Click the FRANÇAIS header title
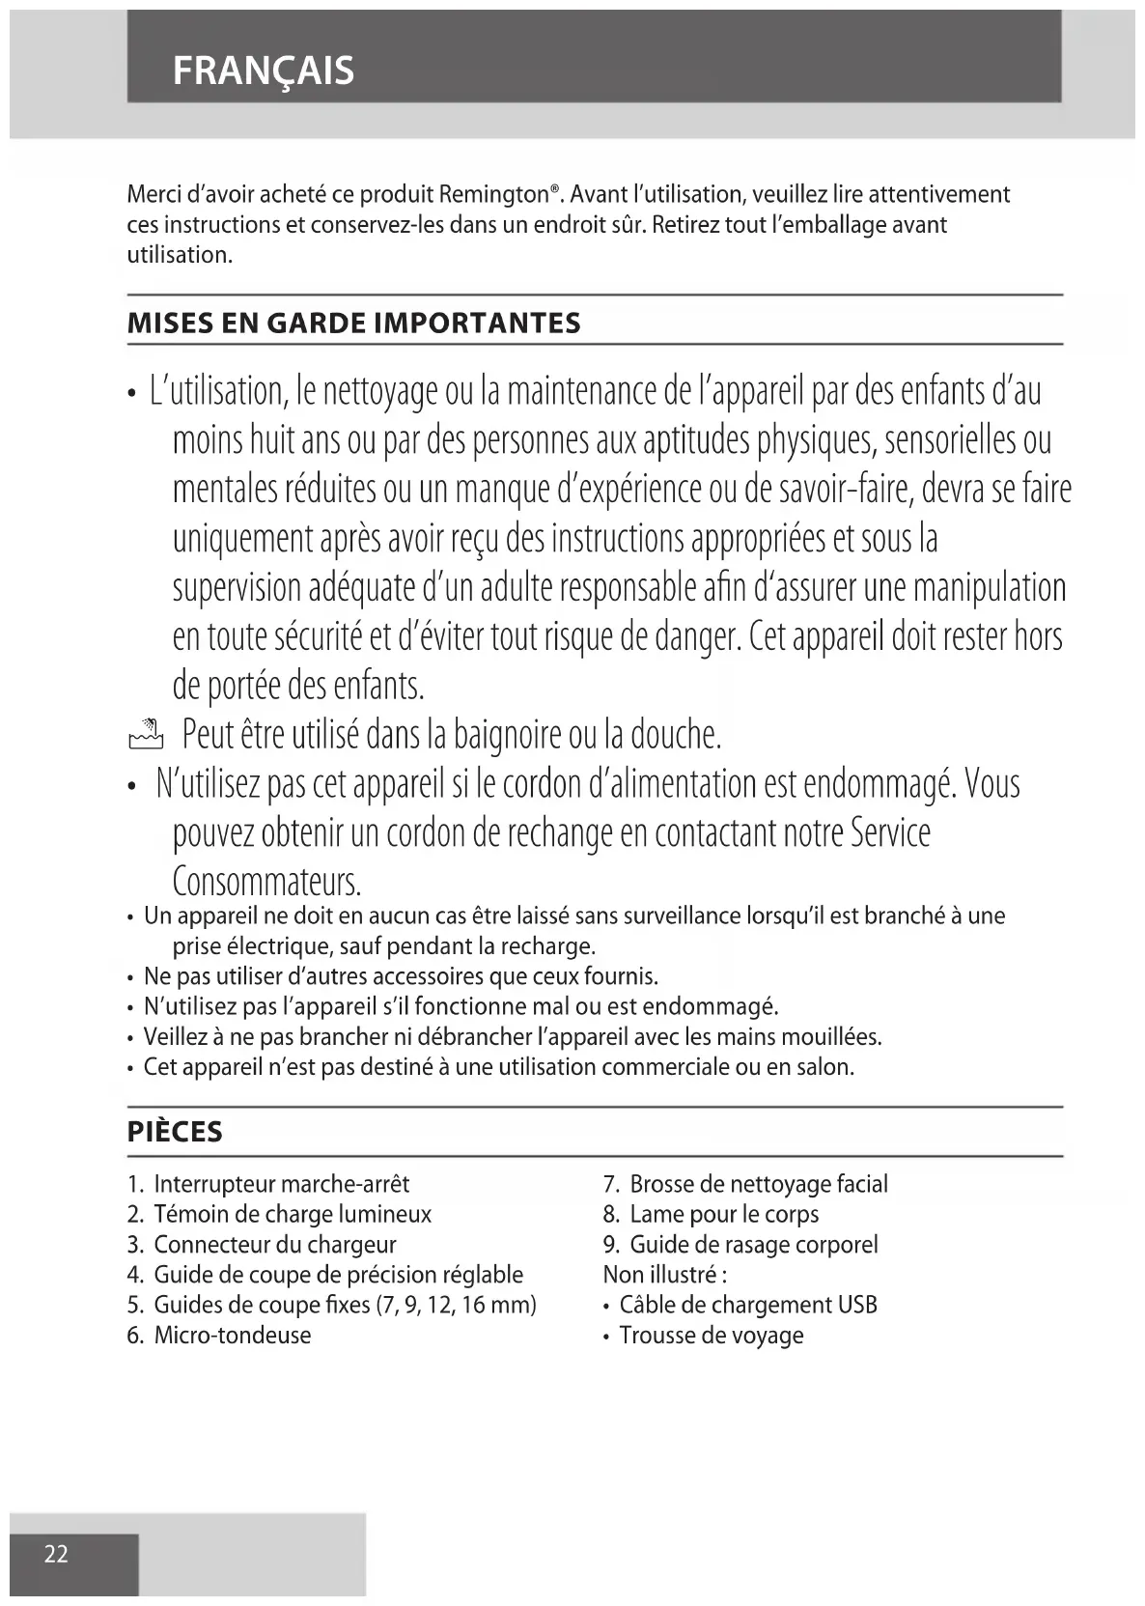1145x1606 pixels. pyautogui.click(x=263, y=70)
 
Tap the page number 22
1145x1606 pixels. pyautogui.click(x=56, y=1554)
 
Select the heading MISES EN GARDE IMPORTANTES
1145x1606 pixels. pyautogui.click(x=353, y=323)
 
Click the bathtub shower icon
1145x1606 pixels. pyautogui.click(x=145, y=736)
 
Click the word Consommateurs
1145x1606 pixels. pyautogui.click(x=266, y=881)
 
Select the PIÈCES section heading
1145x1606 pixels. pyautogui.click(x=175, y=1132)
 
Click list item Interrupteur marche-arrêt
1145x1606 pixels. pyautogui.click(x=281, y=1184)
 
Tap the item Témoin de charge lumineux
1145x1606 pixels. pyautogui.click(x=292, y=1214)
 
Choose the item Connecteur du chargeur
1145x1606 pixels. pyautogui.click(x=274, y=1245)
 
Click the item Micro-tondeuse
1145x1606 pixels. pyautogui.click(x=232, y=1336)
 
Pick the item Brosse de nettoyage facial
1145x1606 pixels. pyautogui.click(x=758, y=1184)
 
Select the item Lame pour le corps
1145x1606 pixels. pyautogui.click(x=724, y=1214)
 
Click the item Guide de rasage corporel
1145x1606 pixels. pyautogui.click(x=753, y=1245)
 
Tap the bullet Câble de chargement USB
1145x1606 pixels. pyautogui.click(x=747, y=1306)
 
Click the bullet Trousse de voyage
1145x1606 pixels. pyautogui.click(x=711, y=1336)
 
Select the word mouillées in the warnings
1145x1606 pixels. pyautogui.click(x=830, y=1037)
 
